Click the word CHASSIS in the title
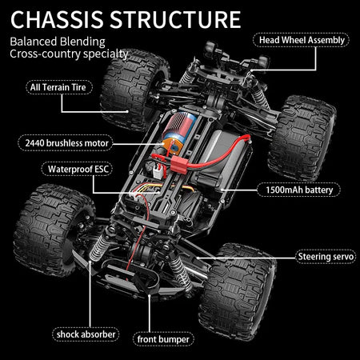pyautogui.click(x=62, y=18)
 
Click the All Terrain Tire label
pyautogui.click(x=59, y=87)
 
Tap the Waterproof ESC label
pyautogui.click(x=73, y=170)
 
